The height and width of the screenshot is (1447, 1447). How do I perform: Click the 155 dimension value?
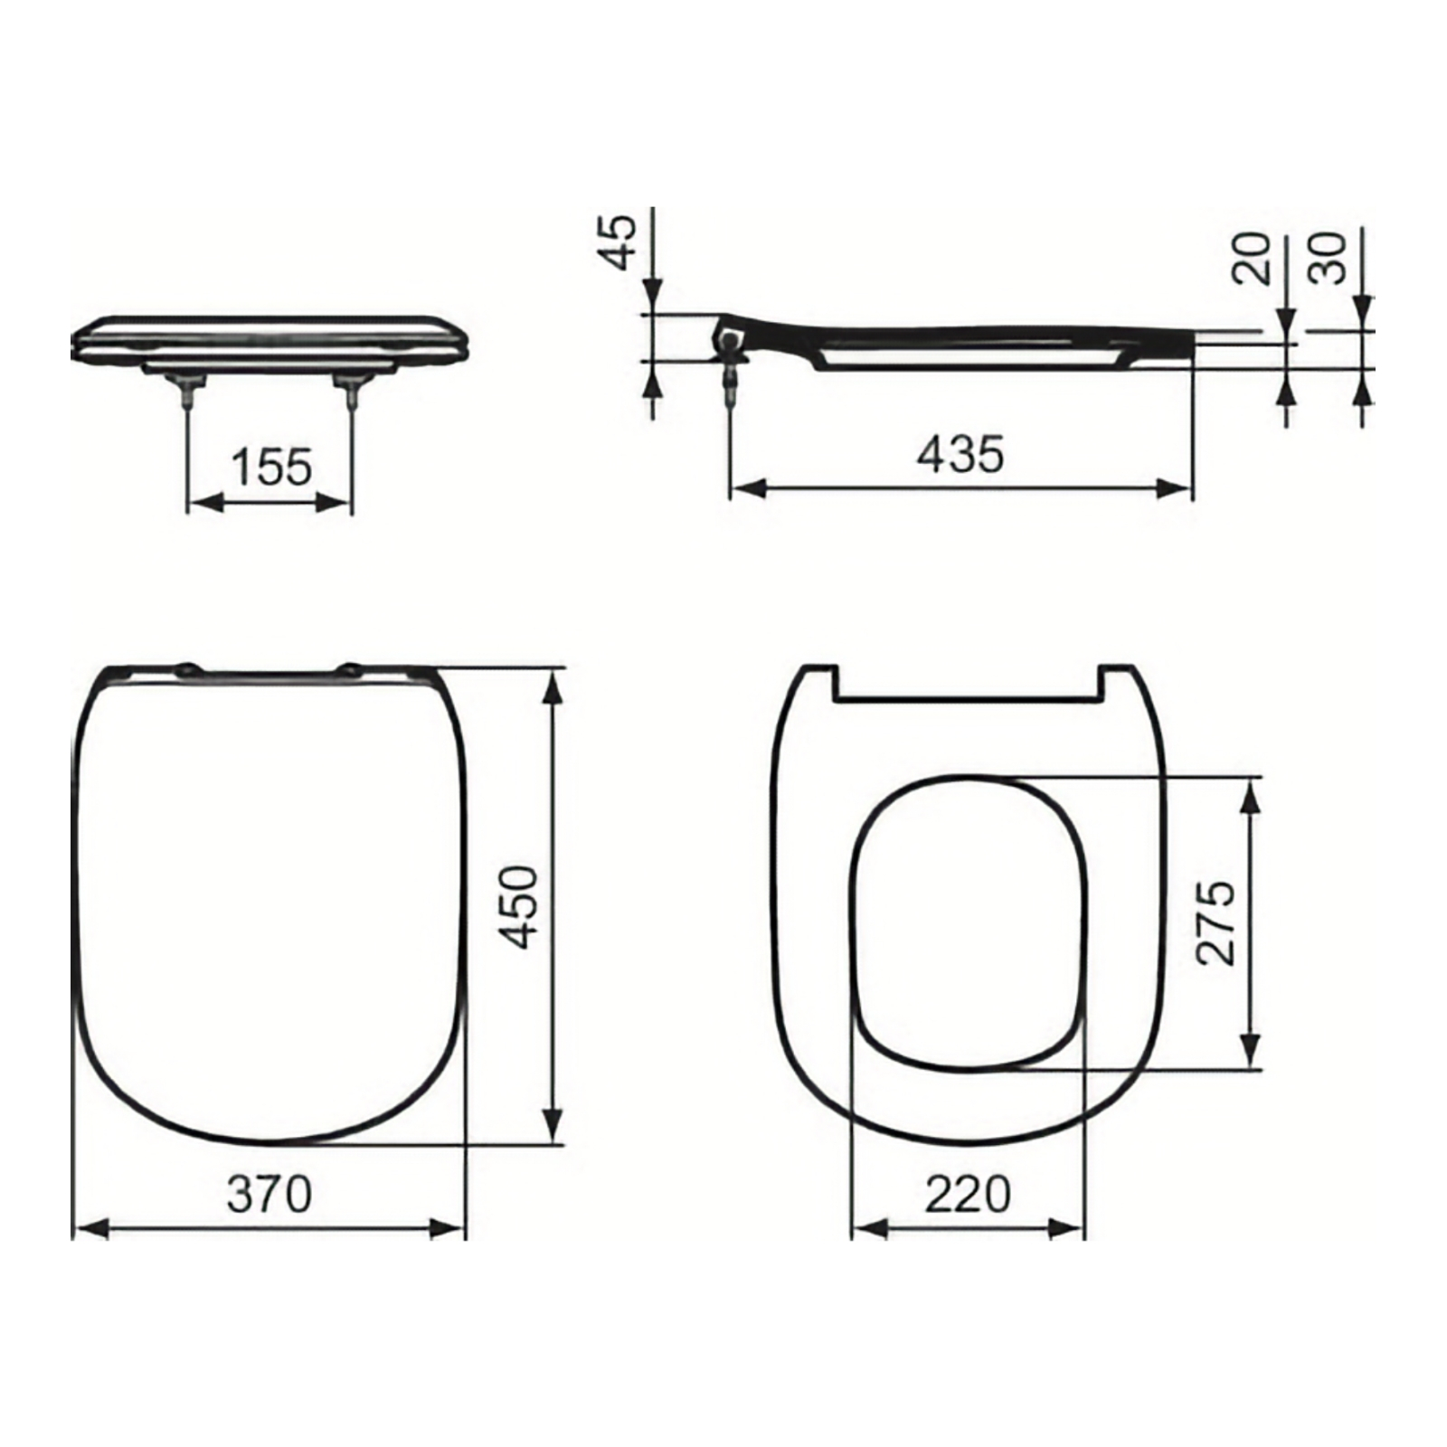click(271, 468)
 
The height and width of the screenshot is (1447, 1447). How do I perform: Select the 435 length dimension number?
click(960, 454)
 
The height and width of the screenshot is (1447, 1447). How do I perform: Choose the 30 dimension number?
click(1329, 258)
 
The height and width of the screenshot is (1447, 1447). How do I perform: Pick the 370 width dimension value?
click(269, 1194)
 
